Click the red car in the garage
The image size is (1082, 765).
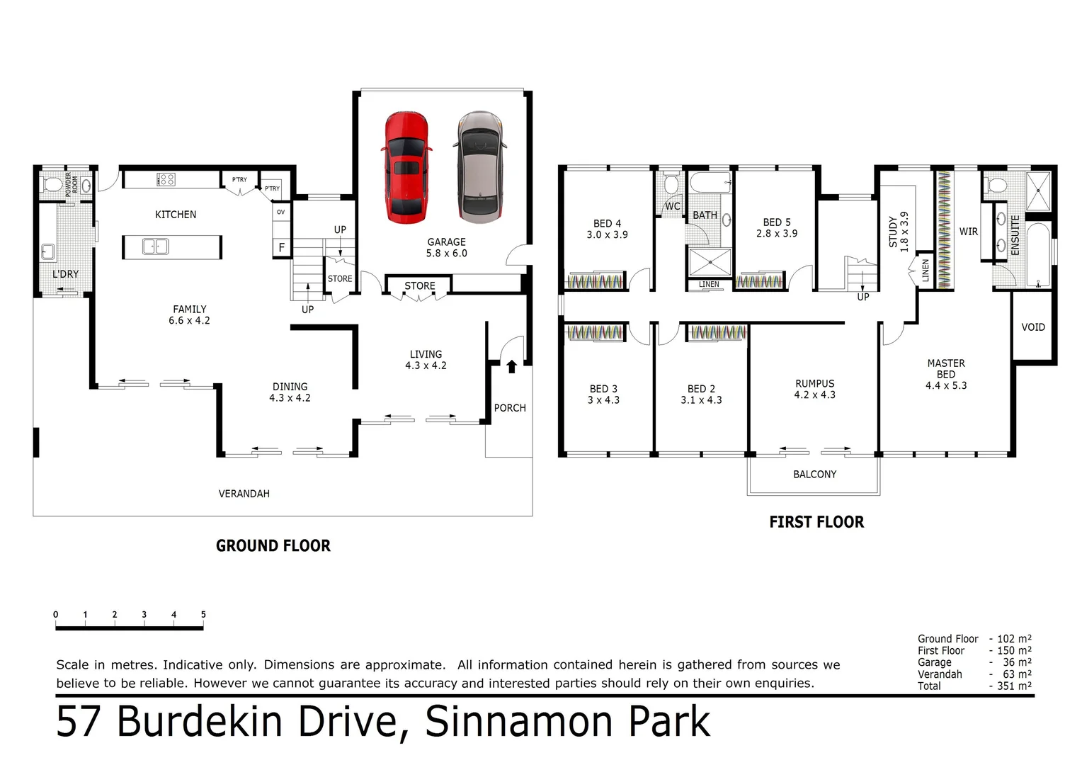(406, 167)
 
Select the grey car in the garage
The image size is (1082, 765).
(480, 166)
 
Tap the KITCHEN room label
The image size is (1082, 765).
(176, 215)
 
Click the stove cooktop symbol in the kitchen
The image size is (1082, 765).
(166, 179)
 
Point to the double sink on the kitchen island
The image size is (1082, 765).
(155, 246)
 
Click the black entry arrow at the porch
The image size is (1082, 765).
(511, 366)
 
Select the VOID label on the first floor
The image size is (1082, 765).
(1033, 327)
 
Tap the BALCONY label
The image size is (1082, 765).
(814, 475)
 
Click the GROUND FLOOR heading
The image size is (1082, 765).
(273, 546)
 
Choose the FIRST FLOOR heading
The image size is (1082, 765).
(816, 523)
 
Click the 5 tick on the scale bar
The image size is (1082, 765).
(203, 615)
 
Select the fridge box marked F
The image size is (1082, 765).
(281, 248)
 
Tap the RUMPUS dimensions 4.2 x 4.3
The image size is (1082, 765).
(814, 395)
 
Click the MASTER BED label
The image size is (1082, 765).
(946, 368)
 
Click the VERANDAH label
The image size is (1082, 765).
(244, 494)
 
